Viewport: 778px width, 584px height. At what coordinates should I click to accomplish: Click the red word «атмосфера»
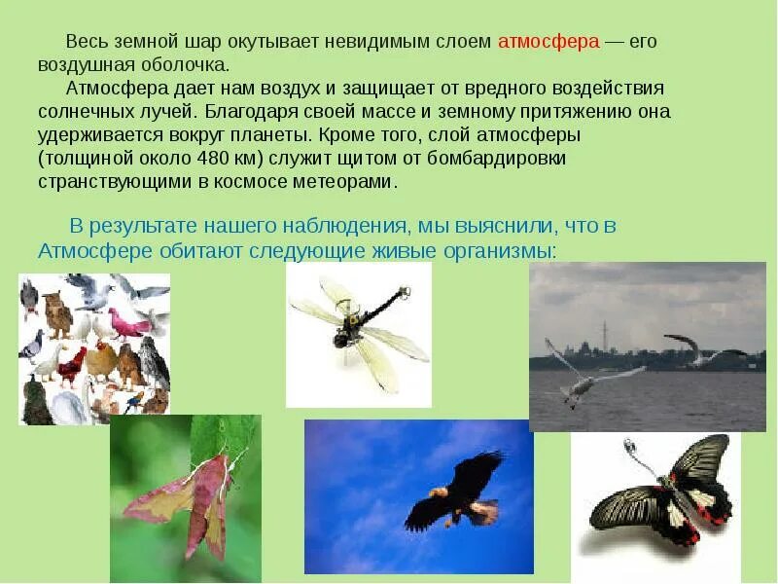point(548,42)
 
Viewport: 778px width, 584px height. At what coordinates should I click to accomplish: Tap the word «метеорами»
point(349,181)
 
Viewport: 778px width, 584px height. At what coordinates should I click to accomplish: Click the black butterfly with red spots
point(671,496)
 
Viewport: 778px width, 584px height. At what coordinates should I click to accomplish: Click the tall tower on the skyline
point(603,336)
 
